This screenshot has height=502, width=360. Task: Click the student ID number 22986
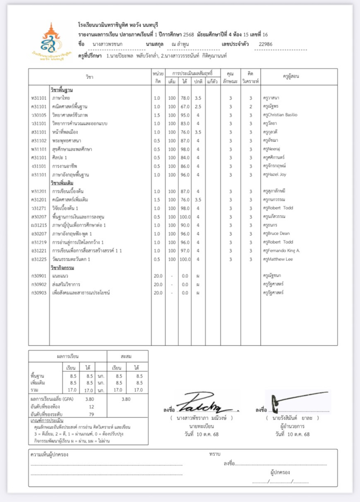click(265, 44)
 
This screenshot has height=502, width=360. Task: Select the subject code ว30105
click(39, 115)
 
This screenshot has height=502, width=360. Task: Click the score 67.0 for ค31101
click(185, 107)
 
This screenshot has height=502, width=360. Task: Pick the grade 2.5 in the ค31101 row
click(198, 107)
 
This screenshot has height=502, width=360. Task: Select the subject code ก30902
click(39, 285)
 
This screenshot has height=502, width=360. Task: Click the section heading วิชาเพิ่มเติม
click(62, 183)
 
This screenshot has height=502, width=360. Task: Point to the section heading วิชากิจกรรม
click(62, 268)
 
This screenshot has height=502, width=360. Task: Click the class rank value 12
click(91, 407)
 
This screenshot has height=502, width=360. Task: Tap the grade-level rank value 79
click(91, 414)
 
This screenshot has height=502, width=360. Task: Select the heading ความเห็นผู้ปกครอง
click(50, 455)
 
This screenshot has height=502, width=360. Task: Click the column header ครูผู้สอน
click(291, 77)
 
